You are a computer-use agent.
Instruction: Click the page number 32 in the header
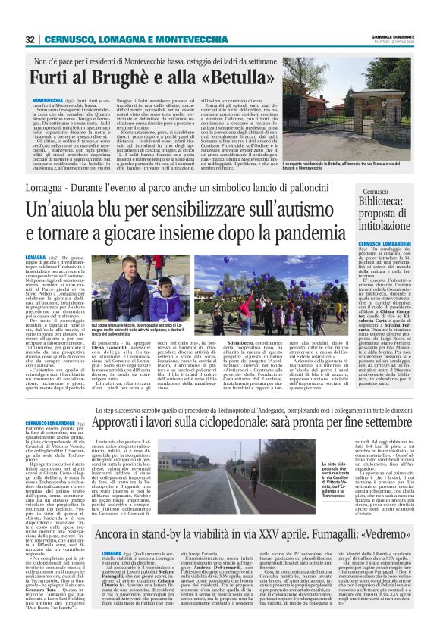(30, 39)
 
